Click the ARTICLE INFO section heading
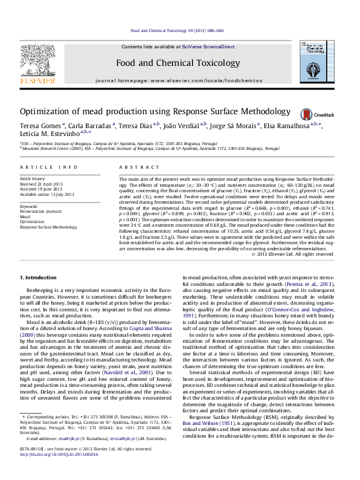(48, 166)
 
